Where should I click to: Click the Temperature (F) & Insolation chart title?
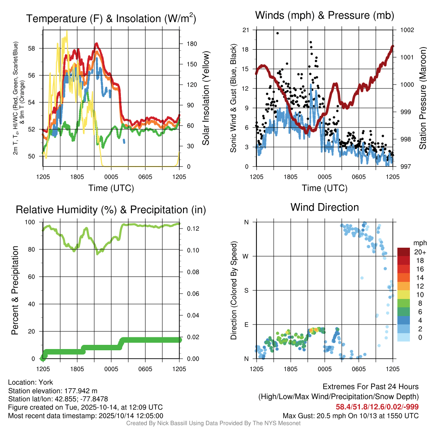pyautogui.click(x=111, y=18)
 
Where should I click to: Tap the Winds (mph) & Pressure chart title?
pyautogui.click(x=324, y=16)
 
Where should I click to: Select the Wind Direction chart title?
pyautogui.click(x=324, y=207)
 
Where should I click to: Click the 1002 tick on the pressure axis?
pyautogui.click(x=407, y=30)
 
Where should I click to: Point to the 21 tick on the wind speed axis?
pyautogui.click(x=246, y=30)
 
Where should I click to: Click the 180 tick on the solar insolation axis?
pyautogui.click(x=189, y=44)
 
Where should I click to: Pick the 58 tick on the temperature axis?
pyautogui.click(x=35, y=48)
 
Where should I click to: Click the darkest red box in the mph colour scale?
pyautogui.click(x=404, y=251)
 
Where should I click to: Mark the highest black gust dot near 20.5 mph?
pyautogui.click(x=278, y=33)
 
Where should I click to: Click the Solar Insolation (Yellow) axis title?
pyautogui.click(x=206, y=98)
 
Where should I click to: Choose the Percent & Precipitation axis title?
pyautogui.click(x=15, y=290)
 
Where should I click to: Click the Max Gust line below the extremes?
pyautogui.click(x=350, y=415)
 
